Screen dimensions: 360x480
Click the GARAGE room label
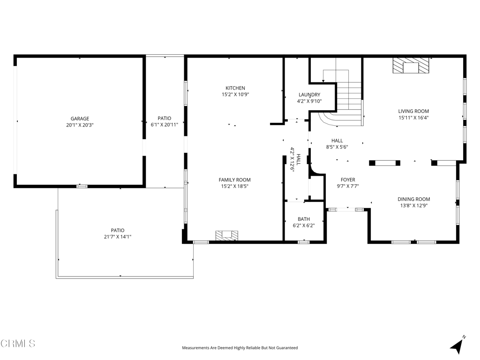pyautogui.click(x=80, y=119)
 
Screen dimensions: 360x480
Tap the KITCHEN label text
pyautogui.click(x=235, y=88)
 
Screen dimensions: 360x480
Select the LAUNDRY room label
pyautogui.click(x=309, y=95)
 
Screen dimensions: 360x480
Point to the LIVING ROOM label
pyautogui.click(x=413, y=111)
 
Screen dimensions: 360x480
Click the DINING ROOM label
pyautogui.click(x=413, y=199)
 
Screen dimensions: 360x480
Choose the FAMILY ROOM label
pyautogui.click(x=234, y=180)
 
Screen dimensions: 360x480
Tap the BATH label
pyautogui.click(x=304, y=219)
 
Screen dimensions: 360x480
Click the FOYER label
pyautogui.click(x=348, y=180)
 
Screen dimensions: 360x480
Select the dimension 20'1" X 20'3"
pyautogui.click(x=80, y=125)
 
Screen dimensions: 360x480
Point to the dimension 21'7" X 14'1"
pyautogui.click(x=118, y=237)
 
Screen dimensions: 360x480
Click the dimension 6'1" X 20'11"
pyautogui.click(x=165, y=125)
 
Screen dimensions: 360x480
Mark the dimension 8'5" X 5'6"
pyautogui.click(x=337, y=147)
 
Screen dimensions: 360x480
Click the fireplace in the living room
pyautogui.click(x=411, y=66)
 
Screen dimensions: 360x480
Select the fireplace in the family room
pyautogui.click(x=227, y=236)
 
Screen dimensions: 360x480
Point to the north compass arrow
pyautogui.click(x=457, y=346)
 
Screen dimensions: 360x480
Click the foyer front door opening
pyautogui.click(x=346, y=210)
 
